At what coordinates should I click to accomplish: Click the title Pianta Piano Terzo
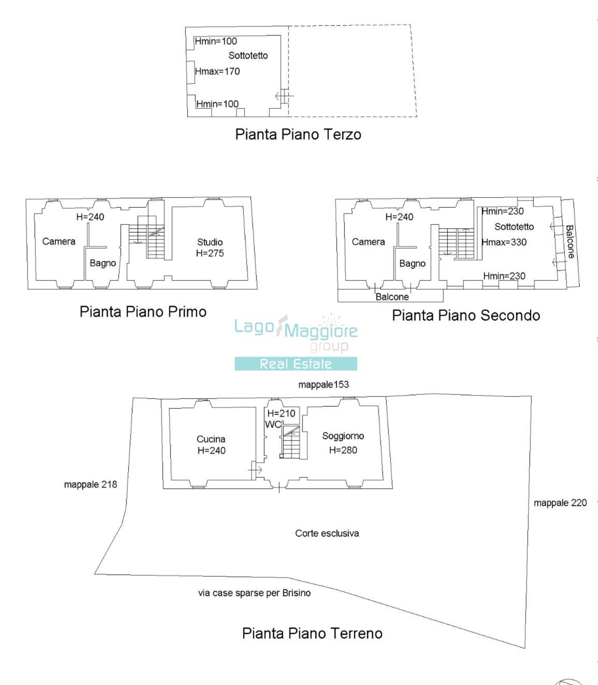(298, 135)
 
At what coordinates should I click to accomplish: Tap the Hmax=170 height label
(217, 72)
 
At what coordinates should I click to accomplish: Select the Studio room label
(210, 242)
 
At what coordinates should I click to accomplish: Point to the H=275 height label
(210, 253)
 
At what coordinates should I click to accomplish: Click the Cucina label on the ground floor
(211, 439)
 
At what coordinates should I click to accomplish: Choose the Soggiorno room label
(343, 436)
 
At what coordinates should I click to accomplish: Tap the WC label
(272, 424)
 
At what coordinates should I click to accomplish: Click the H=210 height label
(281, 413)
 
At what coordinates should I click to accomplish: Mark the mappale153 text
(324, 384)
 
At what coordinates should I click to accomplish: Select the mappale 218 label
(90, 484)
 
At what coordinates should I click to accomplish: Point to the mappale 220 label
(560, 503)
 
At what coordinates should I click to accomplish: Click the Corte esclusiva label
(327, 533)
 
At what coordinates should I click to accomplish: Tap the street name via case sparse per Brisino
(254, 593)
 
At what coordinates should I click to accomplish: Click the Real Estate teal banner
(296, 364)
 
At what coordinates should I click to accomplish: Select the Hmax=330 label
(504, 242)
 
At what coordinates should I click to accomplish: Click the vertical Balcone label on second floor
(570, 242)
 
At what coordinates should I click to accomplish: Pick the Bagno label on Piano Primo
(103, 263)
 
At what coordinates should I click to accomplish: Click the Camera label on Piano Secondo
(368, 242)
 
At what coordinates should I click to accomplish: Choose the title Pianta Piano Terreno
(312, 633)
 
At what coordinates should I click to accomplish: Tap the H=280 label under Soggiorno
(343, 450)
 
